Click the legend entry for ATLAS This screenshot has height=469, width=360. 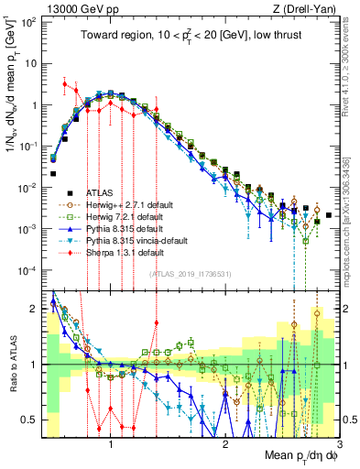100,192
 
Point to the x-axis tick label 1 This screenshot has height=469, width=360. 111,444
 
